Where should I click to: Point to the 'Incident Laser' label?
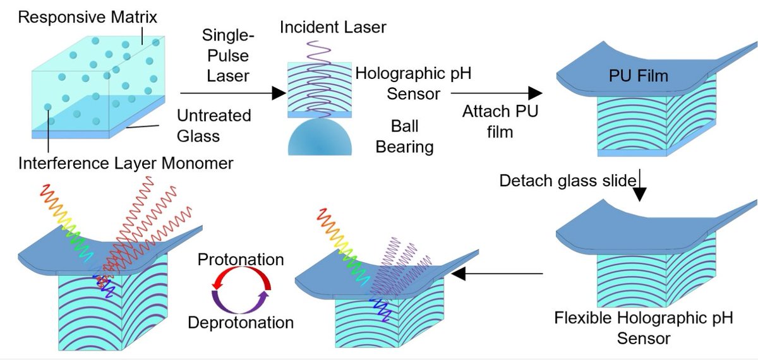tap(332, 27)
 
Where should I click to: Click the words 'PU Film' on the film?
tap(634, 77)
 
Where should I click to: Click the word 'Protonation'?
tap(240, 260)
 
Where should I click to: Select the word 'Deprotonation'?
tap(241, 322)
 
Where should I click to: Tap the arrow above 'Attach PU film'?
tap(496, 93)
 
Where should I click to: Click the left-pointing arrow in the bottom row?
tap(498, 274)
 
